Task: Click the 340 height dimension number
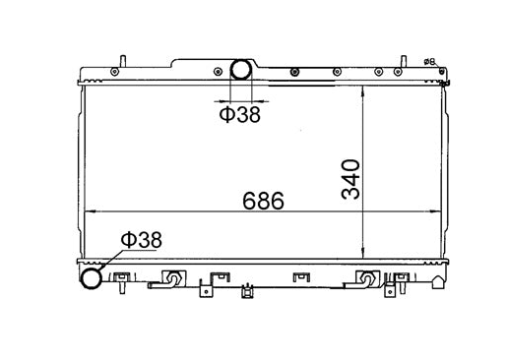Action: click(351, 177)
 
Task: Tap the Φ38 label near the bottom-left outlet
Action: click(141, 239)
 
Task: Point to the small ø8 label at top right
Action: click(429, 62)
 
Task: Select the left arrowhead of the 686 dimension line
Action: click(90, 211)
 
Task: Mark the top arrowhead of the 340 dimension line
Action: click(364, 90)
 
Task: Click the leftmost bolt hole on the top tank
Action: click(114, 72)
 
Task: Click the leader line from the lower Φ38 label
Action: click(111, 259)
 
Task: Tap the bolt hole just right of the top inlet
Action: click(293, 71)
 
